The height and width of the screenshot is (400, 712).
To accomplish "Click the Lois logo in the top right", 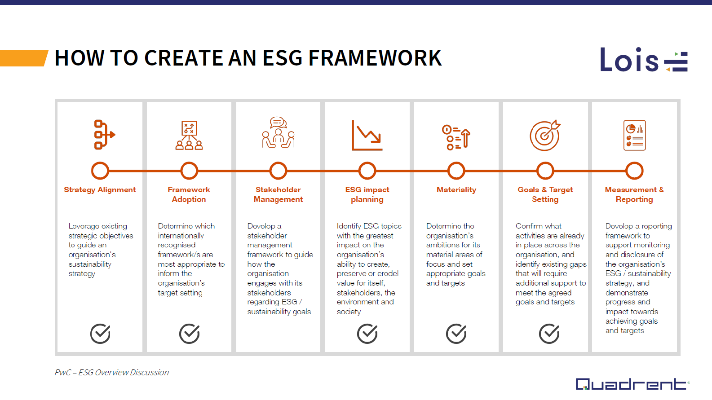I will [x=643, y=60].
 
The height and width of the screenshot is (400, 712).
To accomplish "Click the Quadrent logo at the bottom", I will [x=631, y=384].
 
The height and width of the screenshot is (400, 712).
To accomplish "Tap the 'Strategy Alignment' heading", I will [x=100, y=190].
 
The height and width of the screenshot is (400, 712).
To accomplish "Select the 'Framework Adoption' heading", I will [x=189, y=194].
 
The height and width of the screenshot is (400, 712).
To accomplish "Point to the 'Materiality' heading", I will [x=456, y=190].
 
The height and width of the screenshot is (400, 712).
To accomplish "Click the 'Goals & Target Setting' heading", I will [x=545, y=194].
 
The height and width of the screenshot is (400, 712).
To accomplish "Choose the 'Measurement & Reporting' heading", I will [x=634, y=194].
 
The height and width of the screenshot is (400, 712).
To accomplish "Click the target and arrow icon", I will [x=545, y=135].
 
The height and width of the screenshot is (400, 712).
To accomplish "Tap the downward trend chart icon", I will [x=367, y=135].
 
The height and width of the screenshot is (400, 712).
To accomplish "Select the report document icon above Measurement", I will [x=634, y=135].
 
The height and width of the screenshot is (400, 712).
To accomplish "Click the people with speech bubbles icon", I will [x=278, y=133].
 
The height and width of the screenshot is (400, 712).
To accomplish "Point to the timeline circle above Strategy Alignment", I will [x=100, y=171].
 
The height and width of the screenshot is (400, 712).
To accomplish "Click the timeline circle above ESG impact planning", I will [x=367, y=171].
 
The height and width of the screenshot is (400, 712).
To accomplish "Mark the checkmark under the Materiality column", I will [x=456, y=334].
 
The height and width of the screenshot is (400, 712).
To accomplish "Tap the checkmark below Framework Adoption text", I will [x=189, y=334].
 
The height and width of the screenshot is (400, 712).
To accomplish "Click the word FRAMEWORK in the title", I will [x=375, y=58].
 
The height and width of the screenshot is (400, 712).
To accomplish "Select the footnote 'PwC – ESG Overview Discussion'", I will [x=111, y=373].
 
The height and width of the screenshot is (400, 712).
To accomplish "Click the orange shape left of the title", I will [x=23, y=58].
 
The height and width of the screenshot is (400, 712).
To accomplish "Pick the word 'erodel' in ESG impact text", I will [x=388, y=274].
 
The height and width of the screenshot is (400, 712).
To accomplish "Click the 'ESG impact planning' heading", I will [x=367, y=194].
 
